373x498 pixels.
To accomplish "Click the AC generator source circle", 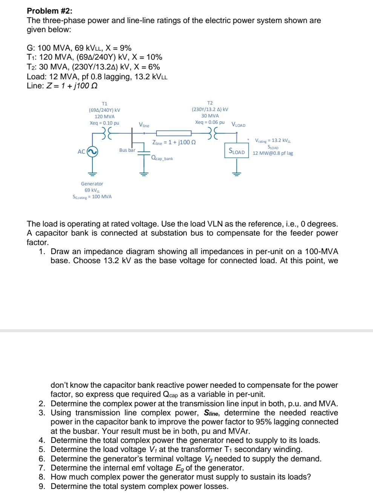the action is [x=92, y=151].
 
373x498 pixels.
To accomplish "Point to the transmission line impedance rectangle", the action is [x=173, y=133].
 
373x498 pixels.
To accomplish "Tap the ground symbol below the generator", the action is [x=92, y=174].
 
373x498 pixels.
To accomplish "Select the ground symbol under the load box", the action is [x=236, y=174].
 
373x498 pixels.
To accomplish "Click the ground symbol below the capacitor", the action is [x=144, y=174].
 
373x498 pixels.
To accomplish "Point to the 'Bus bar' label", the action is [x=127, y=150].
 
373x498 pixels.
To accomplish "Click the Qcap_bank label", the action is [x=162, y=159].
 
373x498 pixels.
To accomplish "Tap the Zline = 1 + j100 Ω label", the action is [x=174, y=143].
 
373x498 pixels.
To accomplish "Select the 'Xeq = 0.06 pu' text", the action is [x=210, y=122].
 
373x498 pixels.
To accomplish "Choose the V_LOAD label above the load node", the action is [x=238, y=125].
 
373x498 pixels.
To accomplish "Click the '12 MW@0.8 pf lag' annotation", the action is [x=273, y=153].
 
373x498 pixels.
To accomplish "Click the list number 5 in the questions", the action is [x=41, y=449].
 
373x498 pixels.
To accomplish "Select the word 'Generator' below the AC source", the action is [x=92, y=183].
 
